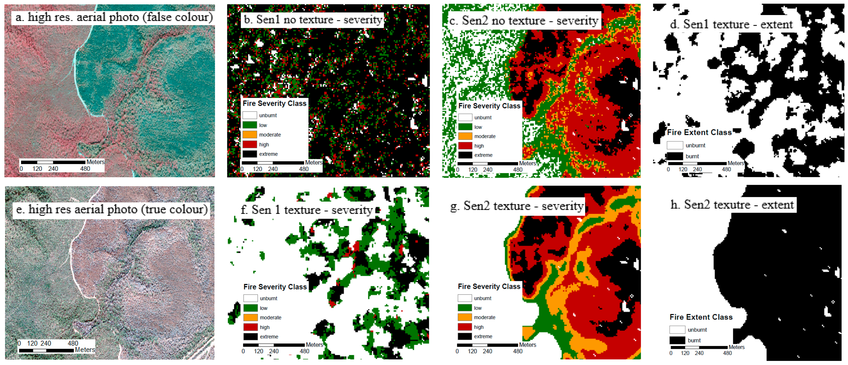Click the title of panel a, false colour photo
[x=114, y=17]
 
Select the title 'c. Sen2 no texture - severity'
[x=523, y=21]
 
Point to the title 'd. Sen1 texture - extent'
[x=731, y=24]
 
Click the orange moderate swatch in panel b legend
[x=249, y=135]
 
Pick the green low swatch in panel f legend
[x=250, y=308]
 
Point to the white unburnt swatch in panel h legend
[x=677, y=329]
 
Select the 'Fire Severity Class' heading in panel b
[x=274, y=103]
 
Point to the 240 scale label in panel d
[x=697, y=169]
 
